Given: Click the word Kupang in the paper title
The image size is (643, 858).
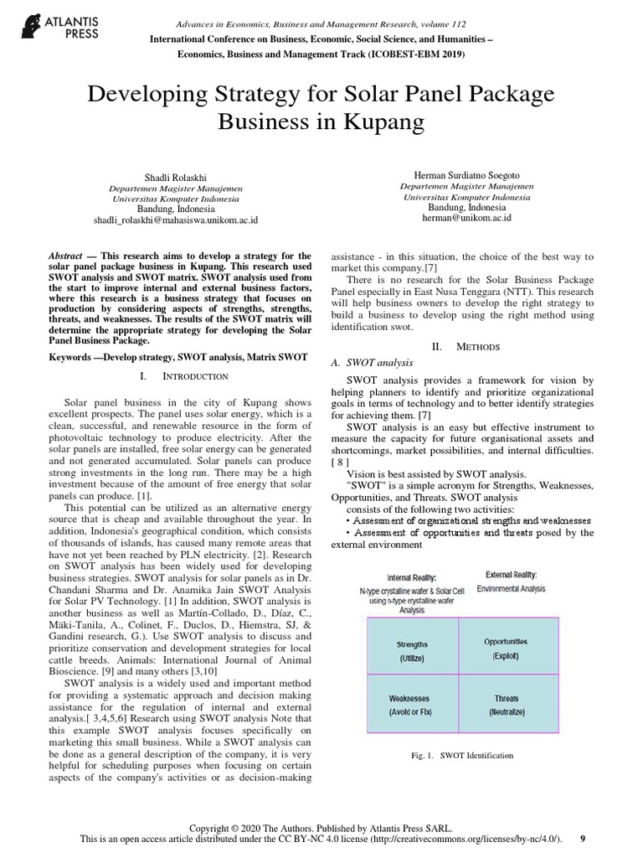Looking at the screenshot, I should (x=387, y=122).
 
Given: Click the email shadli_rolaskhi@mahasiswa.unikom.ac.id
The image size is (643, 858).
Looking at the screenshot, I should (x=176, y=220).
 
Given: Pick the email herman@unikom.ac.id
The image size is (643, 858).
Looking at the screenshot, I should (x=466, y=217).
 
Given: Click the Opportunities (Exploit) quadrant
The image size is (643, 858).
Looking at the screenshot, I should (x=506, y=647).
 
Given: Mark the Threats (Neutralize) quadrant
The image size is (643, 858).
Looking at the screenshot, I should (x=506, y=705).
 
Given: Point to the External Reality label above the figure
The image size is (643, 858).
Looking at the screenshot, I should (x=512, y=575).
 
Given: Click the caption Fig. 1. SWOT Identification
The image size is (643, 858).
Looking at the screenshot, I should (x=461, y=756).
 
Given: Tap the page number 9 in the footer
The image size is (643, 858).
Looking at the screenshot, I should (x=583, y=839).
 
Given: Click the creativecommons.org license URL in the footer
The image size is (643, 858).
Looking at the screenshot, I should (x=468, y=839).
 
